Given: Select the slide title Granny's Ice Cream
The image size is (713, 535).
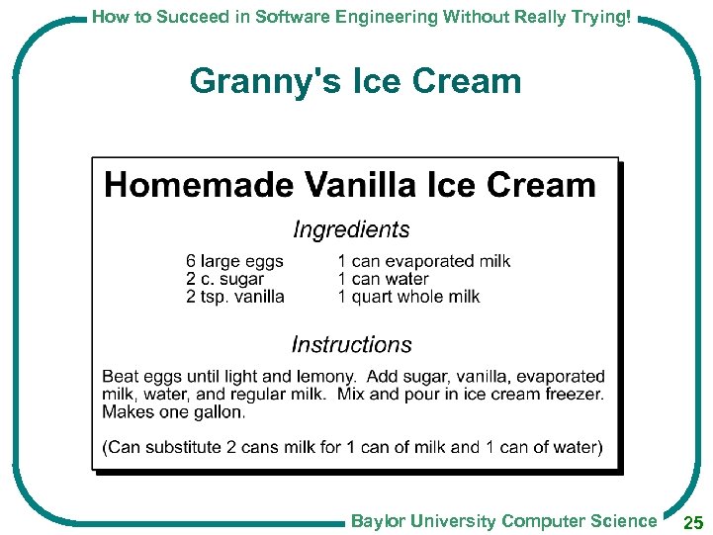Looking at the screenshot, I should point(355,81).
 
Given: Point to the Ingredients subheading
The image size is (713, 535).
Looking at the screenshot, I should point(351,229).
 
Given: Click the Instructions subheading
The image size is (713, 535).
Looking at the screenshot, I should point(351,345).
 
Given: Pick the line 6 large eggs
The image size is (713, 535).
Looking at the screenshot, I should point(234,261).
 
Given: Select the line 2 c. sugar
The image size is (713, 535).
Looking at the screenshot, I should point(224,279).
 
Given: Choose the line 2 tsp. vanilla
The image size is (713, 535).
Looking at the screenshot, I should point(234,297).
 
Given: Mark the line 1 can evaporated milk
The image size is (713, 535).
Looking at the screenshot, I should point(423,261).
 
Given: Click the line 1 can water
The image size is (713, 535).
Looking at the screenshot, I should point(383,279).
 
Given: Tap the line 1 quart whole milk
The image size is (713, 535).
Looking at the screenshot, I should point(408,297).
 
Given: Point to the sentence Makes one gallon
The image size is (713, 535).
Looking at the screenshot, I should point(173,411).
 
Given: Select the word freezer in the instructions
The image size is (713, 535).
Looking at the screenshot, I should point(573,394).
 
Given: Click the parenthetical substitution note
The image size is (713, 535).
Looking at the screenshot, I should point(352,447).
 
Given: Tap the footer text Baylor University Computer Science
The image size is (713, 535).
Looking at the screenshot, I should point(503,521).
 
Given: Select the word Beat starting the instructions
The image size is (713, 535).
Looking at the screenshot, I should point(120,377).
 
